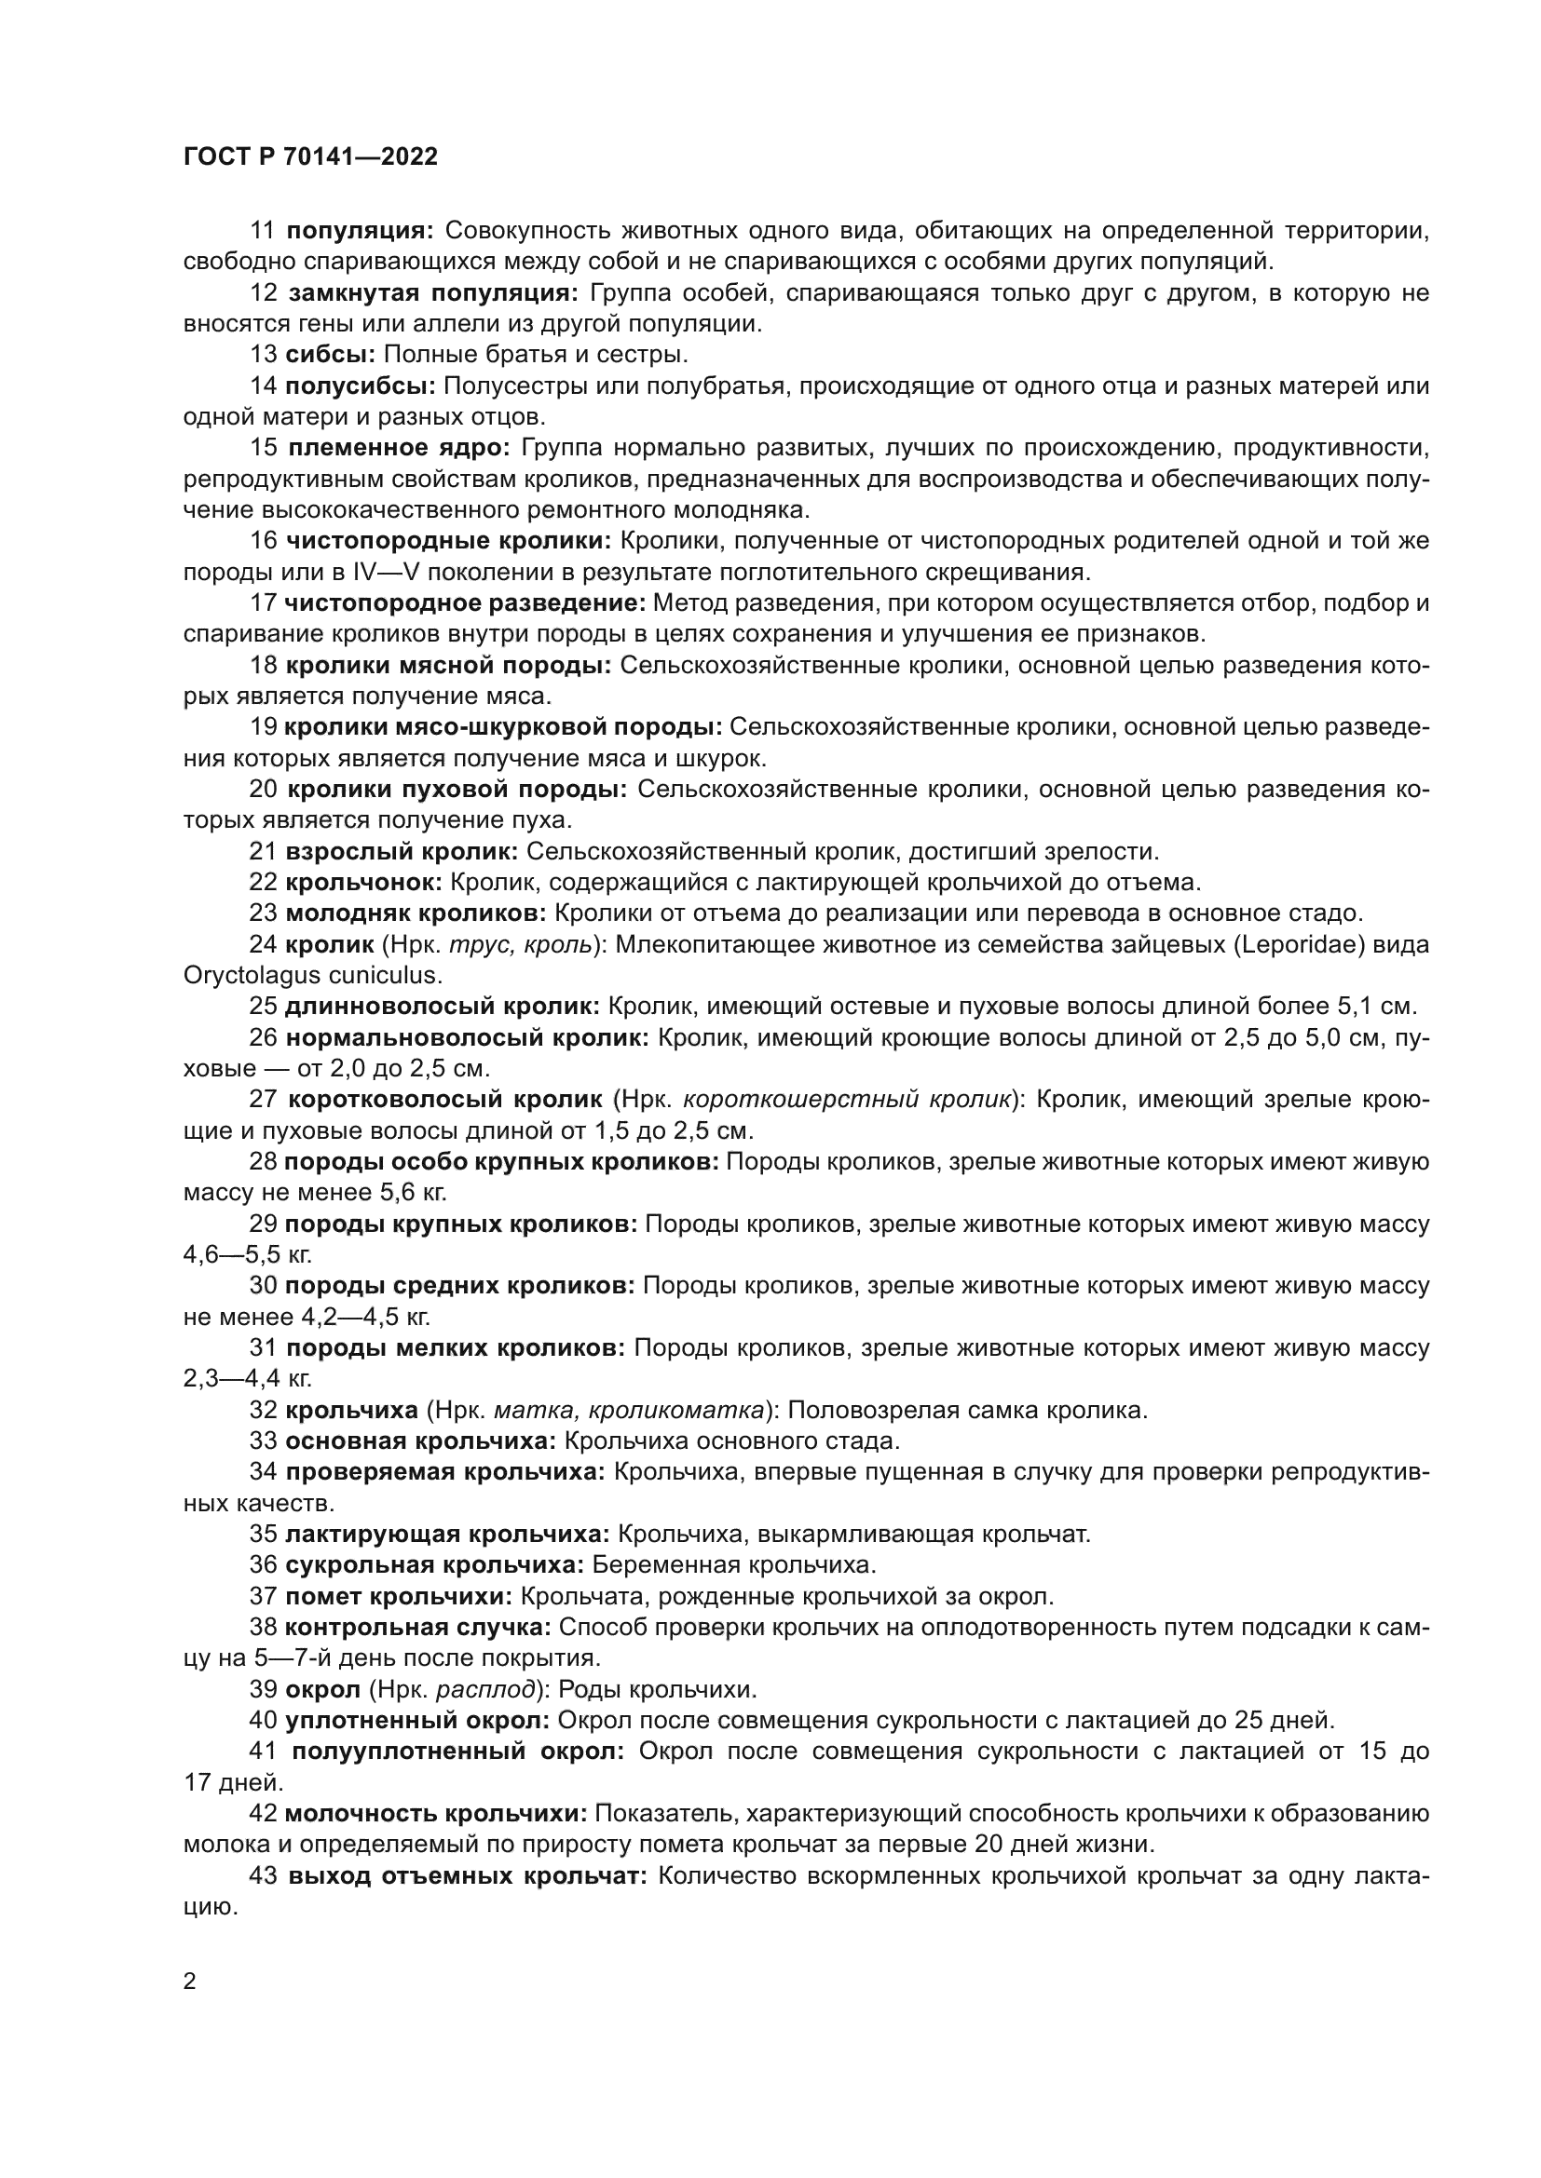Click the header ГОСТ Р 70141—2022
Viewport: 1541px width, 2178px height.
tap(310, 156)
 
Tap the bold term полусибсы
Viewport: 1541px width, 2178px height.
tap(360, 386)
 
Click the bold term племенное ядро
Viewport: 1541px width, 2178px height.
tap(399, 448)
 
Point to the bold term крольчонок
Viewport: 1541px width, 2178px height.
tap(363, 882)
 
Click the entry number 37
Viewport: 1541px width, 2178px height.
tap(263, 1597)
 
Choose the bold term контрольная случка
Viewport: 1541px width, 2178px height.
tap(418, 1628)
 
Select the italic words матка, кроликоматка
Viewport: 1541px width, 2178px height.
tap(628, 1411)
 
